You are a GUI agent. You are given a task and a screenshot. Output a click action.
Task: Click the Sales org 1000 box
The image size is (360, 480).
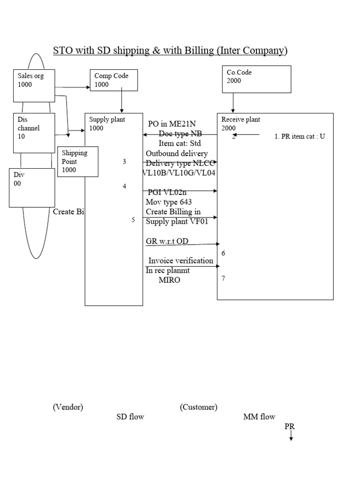coord(34,85)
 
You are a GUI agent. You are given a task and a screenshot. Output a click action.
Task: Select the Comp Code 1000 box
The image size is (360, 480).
coord(113,80)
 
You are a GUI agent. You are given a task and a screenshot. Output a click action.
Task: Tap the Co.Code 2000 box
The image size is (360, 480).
coord(256,79)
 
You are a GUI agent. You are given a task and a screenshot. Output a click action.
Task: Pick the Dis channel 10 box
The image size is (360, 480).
coord(34,133)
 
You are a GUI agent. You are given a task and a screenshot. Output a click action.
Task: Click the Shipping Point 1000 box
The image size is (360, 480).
coord(78,162)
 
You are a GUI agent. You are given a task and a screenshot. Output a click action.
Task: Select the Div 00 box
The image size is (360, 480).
coord(32,187)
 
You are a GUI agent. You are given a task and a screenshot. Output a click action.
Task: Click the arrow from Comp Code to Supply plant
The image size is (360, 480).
coord(121,102)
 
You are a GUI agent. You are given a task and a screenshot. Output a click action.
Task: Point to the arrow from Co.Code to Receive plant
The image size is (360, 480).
coord(233,102)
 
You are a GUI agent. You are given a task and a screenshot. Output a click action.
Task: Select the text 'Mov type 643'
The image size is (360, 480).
coord(169,202)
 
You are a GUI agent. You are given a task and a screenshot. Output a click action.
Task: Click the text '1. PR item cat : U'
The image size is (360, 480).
coord(299,137)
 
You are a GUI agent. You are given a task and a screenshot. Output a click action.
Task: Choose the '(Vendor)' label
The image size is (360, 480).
coord(68,407)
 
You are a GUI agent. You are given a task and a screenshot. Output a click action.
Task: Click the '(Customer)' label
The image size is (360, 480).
coord(198,407)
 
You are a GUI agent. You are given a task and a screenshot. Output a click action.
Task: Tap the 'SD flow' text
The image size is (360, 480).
coord(130,417)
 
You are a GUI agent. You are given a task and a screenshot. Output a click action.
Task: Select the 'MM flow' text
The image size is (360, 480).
coord(259,417)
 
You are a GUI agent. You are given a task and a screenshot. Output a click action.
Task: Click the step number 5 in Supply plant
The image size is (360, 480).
coord(133,219)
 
